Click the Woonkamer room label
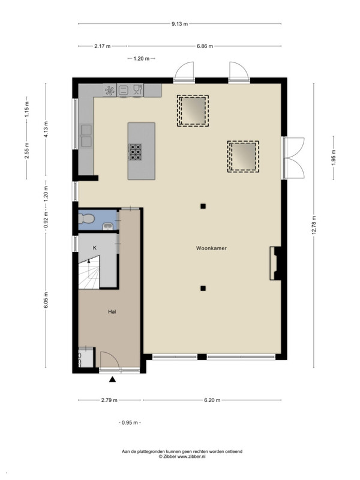(x=211, y=248)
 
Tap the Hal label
(x=112, y=312)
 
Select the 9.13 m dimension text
(x=179, y=24)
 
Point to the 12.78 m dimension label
(x=314, y=226)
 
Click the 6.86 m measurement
(x=205, y=46)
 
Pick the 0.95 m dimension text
(x=130, y=423)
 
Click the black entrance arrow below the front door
(x=113, y=380)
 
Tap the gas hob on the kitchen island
(x=135, y=152)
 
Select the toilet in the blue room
(x=86, y=218)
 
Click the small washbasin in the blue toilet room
(x=108, y=226)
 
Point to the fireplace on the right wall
(x=275, y=263)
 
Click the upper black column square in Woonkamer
(x=203, y=206)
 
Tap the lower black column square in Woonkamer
(x=203, y=289)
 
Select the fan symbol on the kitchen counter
(x=110, y=91)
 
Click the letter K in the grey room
(x=95, y=248)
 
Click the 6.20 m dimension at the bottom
(x=212, y=400)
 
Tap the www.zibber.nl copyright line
(x=182, y=456)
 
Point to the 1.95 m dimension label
(x=334, y=158)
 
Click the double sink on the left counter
(x=86, y=136)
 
